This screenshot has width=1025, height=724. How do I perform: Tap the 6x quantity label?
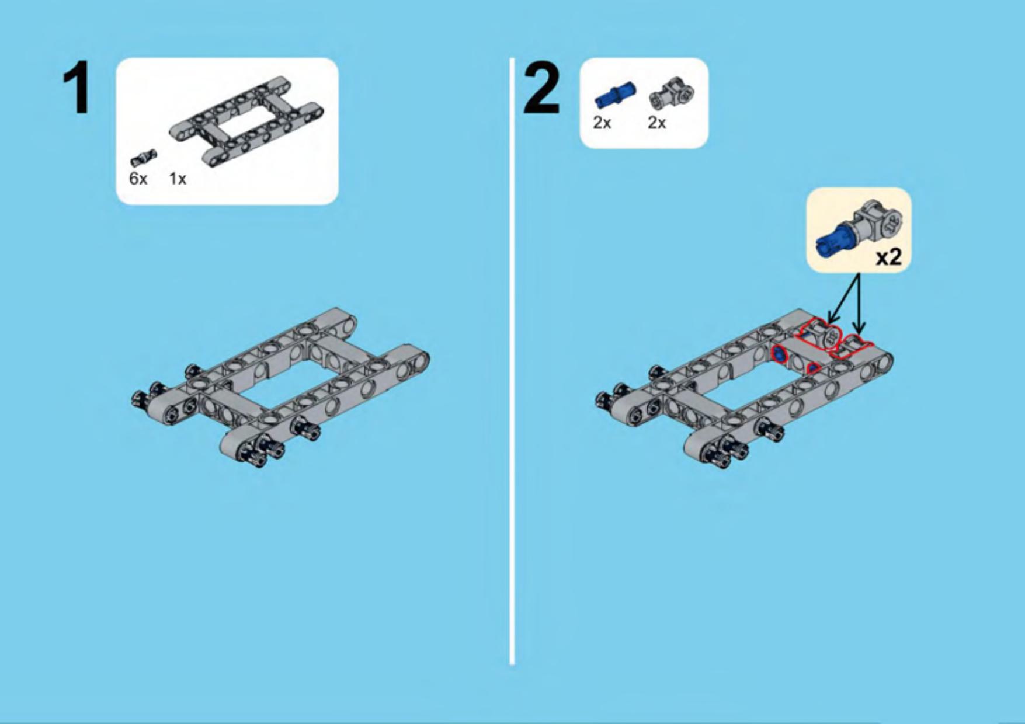coord(138,179)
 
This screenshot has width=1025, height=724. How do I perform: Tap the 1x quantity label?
coord(178,179)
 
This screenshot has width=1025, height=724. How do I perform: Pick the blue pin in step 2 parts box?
coord(614,95)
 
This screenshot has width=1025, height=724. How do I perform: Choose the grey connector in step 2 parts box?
coord(672,94)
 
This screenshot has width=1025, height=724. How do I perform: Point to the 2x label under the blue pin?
coord(602,123)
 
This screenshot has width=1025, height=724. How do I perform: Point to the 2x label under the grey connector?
coord(656,123)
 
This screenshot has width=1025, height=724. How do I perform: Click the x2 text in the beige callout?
coord(888,257)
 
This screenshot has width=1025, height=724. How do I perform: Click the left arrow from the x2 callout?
coord(844,297)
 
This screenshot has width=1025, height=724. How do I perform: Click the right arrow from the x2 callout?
coord(859,304)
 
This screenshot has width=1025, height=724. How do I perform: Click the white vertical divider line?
coord(512,361)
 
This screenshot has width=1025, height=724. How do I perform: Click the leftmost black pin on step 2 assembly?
coord(603,400)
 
